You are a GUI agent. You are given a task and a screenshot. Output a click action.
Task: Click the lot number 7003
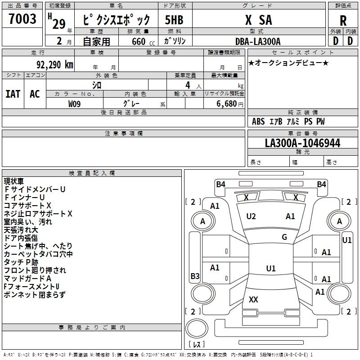(22, 19)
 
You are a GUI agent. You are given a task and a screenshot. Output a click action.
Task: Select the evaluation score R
(343, 20)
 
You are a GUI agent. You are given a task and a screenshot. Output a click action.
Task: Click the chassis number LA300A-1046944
(302, 144)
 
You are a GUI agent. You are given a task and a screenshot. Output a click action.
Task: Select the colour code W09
(75, 103)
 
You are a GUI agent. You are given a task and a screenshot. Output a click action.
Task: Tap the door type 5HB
(174, 20)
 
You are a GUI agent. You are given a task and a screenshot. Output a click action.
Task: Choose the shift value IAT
(13, 94)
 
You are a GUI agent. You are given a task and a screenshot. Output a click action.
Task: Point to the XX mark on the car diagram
(253, 299)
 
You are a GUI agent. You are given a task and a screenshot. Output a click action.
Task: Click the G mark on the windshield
(284, 237)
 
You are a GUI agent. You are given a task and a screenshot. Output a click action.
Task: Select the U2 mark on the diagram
(251, 216)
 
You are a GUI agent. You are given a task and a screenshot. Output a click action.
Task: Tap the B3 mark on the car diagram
(195, 276)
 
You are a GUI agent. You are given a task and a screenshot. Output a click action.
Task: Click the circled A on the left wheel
(202, 221)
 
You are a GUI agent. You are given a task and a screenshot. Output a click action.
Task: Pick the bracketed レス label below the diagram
(197, 345)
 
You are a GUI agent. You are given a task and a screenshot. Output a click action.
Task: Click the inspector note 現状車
(14, 181)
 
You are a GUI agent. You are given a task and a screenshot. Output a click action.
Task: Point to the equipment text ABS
(258, 121)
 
